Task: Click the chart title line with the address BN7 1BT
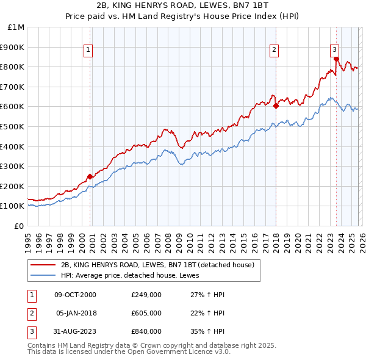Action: click(x=183, y=7)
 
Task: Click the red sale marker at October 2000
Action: click(x=90, y=176)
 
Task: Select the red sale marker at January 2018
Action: click(x=276, y=106)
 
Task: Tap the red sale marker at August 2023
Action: click(x=336, y=59)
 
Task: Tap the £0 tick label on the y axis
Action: click(x=18, y=226)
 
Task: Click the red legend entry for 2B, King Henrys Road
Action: click(x=162, y=265)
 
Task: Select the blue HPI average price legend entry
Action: click(x=134, y=276)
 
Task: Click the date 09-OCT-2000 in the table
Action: click(x=75, y=295)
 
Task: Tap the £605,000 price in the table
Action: click(x=146, y=313)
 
